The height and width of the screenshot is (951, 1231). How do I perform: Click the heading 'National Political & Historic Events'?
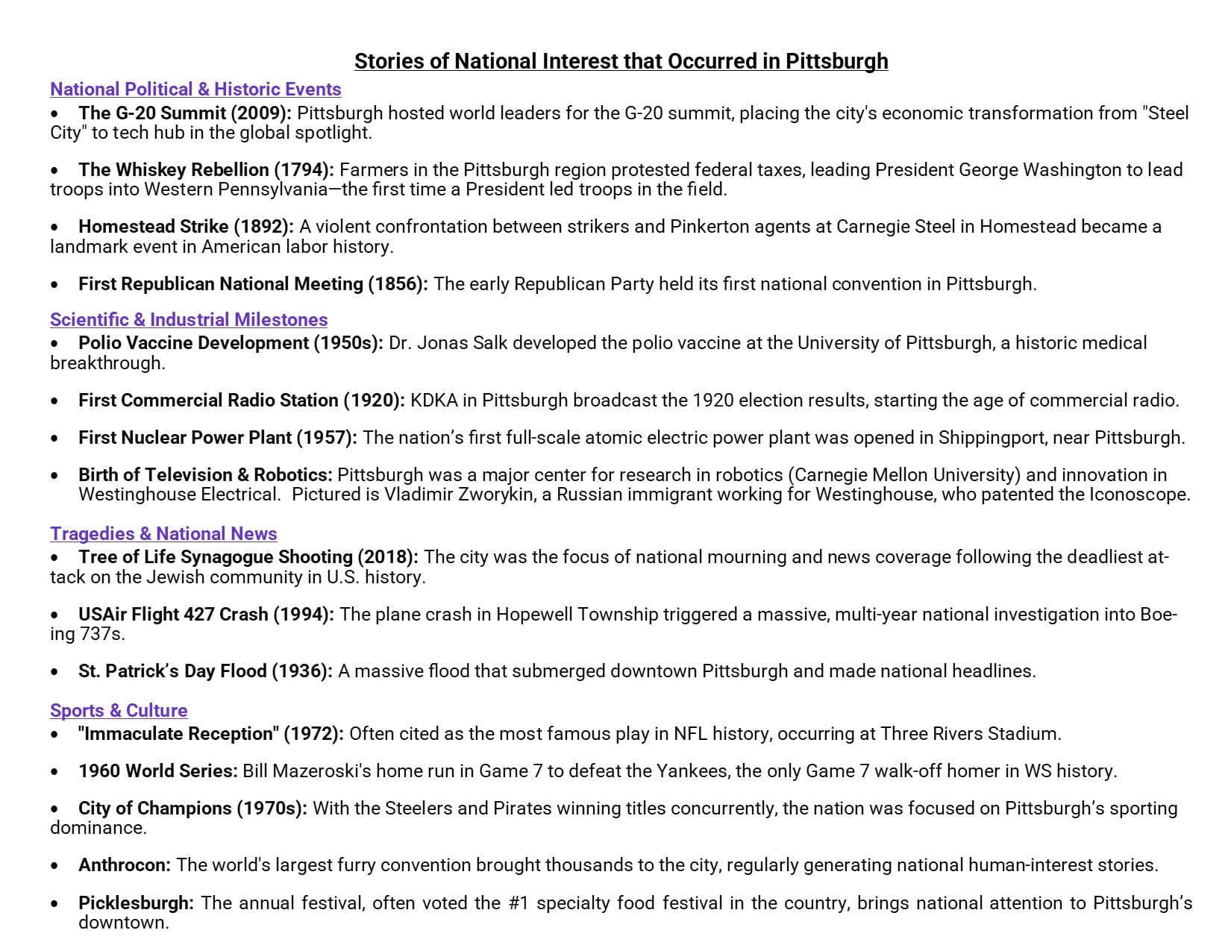[x=195, y=90]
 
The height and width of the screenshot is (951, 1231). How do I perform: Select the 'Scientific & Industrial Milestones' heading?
[x=189, y=320]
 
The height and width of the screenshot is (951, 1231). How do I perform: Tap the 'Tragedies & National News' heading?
[x=163, y=534]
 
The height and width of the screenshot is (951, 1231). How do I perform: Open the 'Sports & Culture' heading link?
[x=119, y=711]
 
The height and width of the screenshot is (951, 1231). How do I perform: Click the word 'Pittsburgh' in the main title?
[x=836, y=61]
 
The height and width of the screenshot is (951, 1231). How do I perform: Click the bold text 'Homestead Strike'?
[x=153, y=227]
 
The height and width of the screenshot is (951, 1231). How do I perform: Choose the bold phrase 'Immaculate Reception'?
[x=178, y=734]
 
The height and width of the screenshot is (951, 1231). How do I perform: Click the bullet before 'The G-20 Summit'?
[x=54, y=114]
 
